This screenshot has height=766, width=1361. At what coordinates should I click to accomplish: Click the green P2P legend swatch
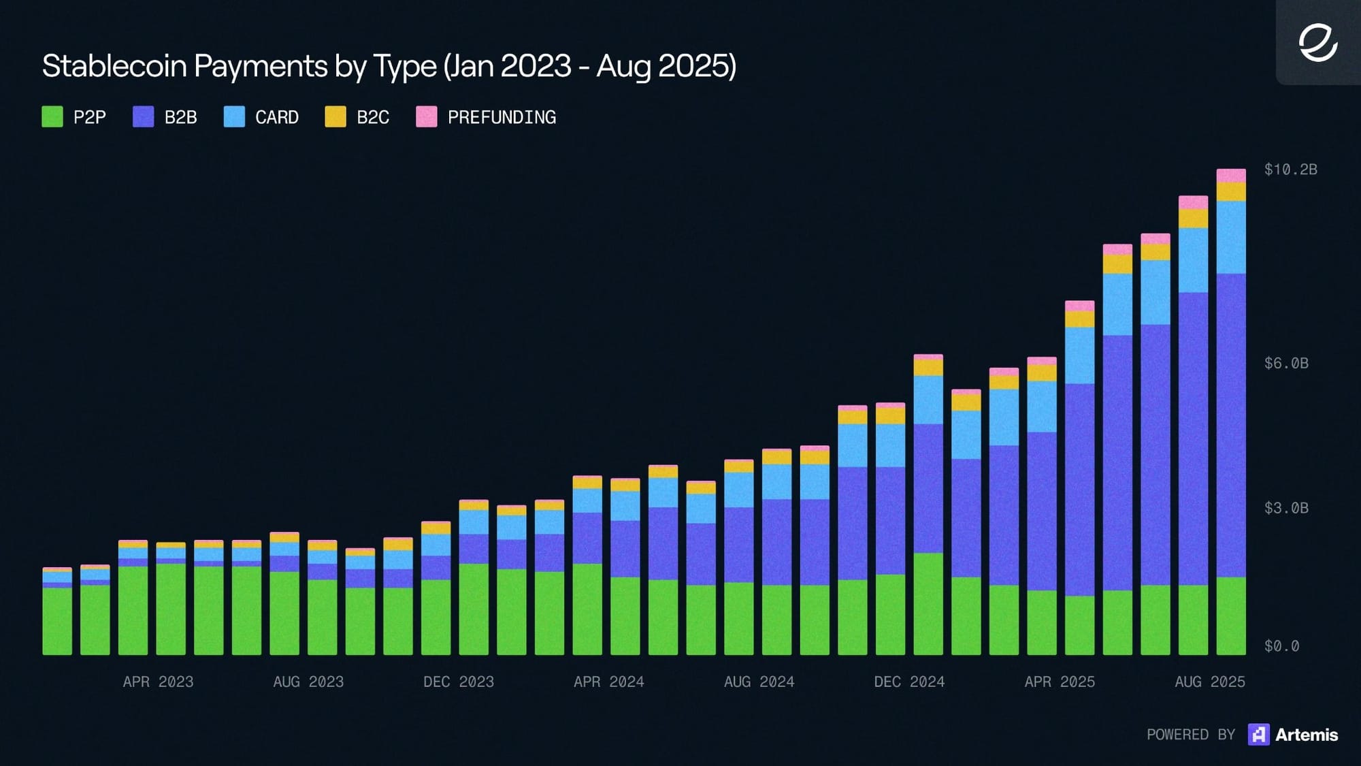pos(52,117)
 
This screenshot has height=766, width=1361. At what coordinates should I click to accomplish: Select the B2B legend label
pos(180,118)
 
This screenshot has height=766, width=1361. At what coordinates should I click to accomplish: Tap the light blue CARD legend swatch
pos(234,117)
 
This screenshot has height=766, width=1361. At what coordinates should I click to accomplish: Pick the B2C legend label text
pos(373,118)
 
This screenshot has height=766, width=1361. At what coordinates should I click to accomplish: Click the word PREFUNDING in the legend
pos(502,118)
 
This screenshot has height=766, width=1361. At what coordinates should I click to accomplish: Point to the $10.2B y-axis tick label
pos(1290,170)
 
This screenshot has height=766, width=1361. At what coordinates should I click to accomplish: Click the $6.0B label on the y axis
pos(1285,364)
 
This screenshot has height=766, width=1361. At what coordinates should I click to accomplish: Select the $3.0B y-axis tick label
pos(1285,508)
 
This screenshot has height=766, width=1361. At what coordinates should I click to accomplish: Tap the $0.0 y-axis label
pos(1281,646)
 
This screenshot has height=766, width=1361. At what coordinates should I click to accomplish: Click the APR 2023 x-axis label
pos(158,682)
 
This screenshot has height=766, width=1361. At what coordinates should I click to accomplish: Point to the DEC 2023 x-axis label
pos(459,682)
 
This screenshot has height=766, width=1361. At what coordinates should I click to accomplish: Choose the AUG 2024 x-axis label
pos(759,682)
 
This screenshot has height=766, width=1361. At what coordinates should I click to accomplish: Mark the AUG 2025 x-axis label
pos(1209,682)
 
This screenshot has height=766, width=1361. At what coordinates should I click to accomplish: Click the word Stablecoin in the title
pos(114,66)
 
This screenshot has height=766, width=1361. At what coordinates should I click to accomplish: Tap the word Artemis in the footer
pos(1307,735)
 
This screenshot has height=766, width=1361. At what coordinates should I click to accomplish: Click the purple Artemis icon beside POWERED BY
pos(1258,735)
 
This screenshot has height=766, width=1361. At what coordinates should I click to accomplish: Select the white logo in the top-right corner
pos(1318,43)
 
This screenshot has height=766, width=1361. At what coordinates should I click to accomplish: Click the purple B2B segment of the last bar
pos(1231,426)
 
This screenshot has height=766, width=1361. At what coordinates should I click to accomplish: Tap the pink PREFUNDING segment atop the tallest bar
pos(1231,175)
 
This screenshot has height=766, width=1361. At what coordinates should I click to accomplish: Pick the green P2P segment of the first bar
pos(57,621)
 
